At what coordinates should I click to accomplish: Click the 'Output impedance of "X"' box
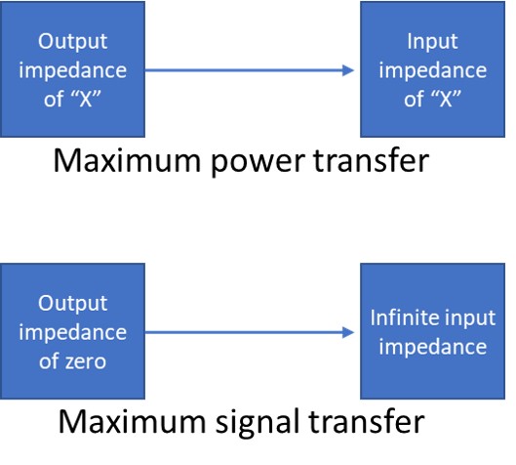[74, 70]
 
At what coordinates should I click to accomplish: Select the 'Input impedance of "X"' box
[432, 70]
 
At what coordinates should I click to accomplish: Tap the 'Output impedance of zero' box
[74, 332]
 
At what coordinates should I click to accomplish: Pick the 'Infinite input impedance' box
[432, 332]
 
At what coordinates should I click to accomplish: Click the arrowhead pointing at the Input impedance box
[347, 70]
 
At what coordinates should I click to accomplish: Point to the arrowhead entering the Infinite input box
[347, 332]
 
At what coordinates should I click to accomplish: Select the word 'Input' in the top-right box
[432, 44]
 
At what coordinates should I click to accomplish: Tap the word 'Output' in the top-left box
[74, 44]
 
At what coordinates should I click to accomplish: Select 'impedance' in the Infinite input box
[432, 346]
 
